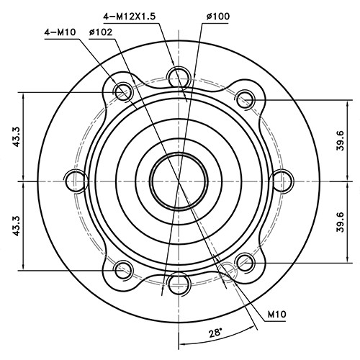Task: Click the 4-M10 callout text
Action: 61,32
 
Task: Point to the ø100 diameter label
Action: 215,15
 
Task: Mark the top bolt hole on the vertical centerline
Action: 178,76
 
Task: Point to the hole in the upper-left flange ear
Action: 124,90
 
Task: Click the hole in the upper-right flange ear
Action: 246,99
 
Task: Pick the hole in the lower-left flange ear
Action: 124,269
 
